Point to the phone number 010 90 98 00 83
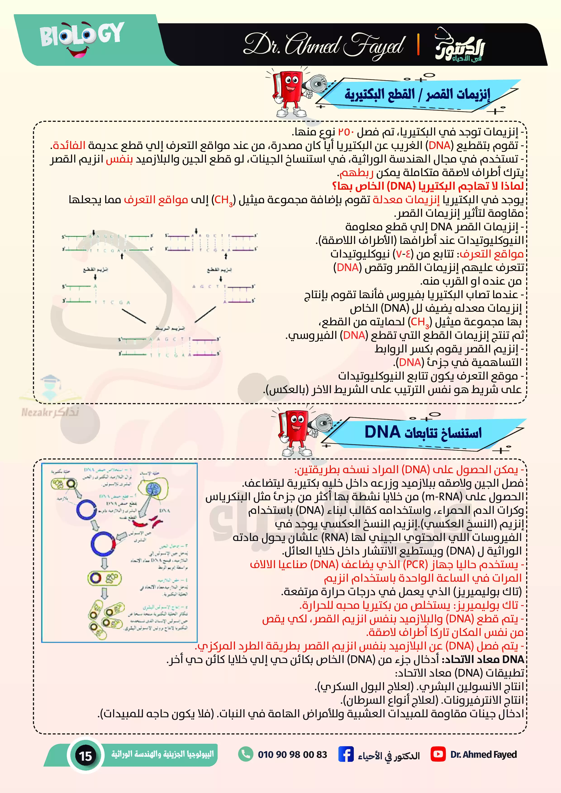pos(292,754)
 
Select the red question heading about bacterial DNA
pos(428,186)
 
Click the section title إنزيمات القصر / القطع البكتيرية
pos(417,94)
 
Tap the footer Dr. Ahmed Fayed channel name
pos(483,754)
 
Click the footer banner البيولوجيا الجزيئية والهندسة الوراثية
pos(162,754)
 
